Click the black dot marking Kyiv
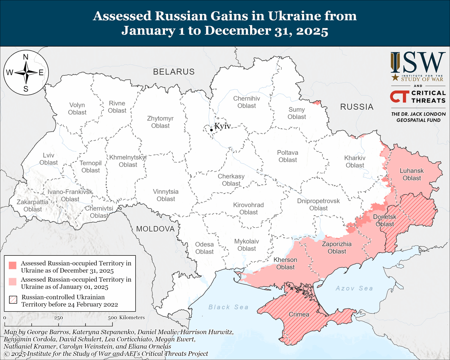211,130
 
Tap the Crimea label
299,314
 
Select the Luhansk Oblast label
411,174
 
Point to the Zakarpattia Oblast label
32,205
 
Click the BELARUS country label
174,72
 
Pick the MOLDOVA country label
155,229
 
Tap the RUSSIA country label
357,107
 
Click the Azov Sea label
354,288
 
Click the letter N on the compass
26,57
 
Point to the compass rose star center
26,73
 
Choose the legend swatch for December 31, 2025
13,265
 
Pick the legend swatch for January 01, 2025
13,282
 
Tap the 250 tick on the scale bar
58,318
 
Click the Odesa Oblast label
204,248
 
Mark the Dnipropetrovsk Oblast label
318,204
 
